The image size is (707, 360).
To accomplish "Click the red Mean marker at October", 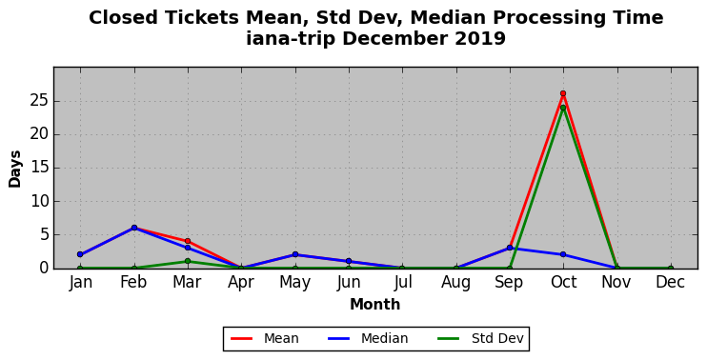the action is click(x=563, y=93).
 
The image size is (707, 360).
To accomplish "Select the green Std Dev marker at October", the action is click(x=563, y=108).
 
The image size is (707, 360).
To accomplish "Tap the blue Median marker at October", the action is click(x=563, y=254).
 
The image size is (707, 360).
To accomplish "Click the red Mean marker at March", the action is click(x=188, y=241).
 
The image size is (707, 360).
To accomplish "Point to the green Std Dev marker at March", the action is click(x=188, y=261).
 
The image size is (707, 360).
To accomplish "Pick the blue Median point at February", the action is click(x=134, y=228).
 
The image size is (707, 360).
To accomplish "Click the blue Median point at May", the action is click(x=294, y=254).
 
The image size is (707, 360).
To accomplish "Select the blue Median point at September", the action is click(x=510, y=248).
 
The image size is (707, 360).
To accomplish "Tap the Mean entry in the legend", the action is click(x=265, y=338).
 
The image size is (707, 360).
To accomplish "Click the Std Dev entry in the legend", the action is click(x=480, y=338).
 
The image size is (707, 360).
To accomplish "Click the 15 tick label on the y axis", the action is click(x=40, y=168).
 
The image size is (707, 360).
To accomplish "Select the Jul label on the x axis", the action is click(x=402, y=283).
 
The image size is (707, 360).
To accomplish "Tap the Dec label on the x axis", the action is click(x=671, y=283).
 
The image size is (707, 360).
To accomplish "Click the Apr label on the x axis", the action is click(x=241, y=283).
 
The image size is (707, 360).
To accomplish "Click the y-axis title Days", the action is click(x=15, y=169).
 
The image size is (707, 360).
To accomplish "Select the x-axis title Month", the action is click(x=375, y=305).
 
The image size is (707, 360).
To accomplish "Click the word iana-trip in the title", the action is click(x=291, y=38).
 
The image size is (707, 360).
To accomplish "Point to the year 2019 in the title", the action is click(x=480, y=38).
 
